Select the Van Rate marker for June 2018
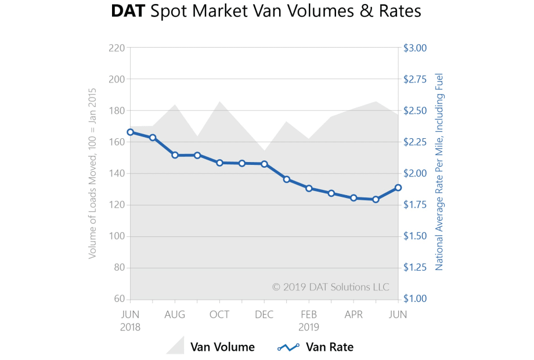(x=131, y=132)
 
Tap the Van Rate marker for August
(x=175, y=155)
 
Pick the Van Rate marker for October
(x=219, y=163)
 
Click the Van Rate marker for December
(x=264, y=164)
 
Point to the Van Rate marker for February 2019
(x=309, y=188)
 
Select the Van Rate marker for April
(x=353, y=198)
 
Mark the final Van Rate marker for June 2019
(x=398, y=188)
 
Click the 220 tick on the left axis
(x=116, y=48)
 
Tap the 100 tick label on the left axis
(x=116, y=236)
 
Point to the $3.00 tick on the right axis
(x=416, y=48)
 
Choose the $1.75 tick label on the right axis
(x=416, y=205)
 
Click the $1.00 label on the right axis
(x=416, y=299)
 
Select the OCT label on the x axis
(x=219, y=315)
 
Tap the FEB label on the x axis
(x=309, y=315)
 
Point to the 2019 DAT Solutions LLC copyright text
(x=331, y=287)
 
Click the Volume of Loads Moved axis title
(x=93, y=174)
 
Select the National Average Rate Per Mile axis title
(x=439, y=172)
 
